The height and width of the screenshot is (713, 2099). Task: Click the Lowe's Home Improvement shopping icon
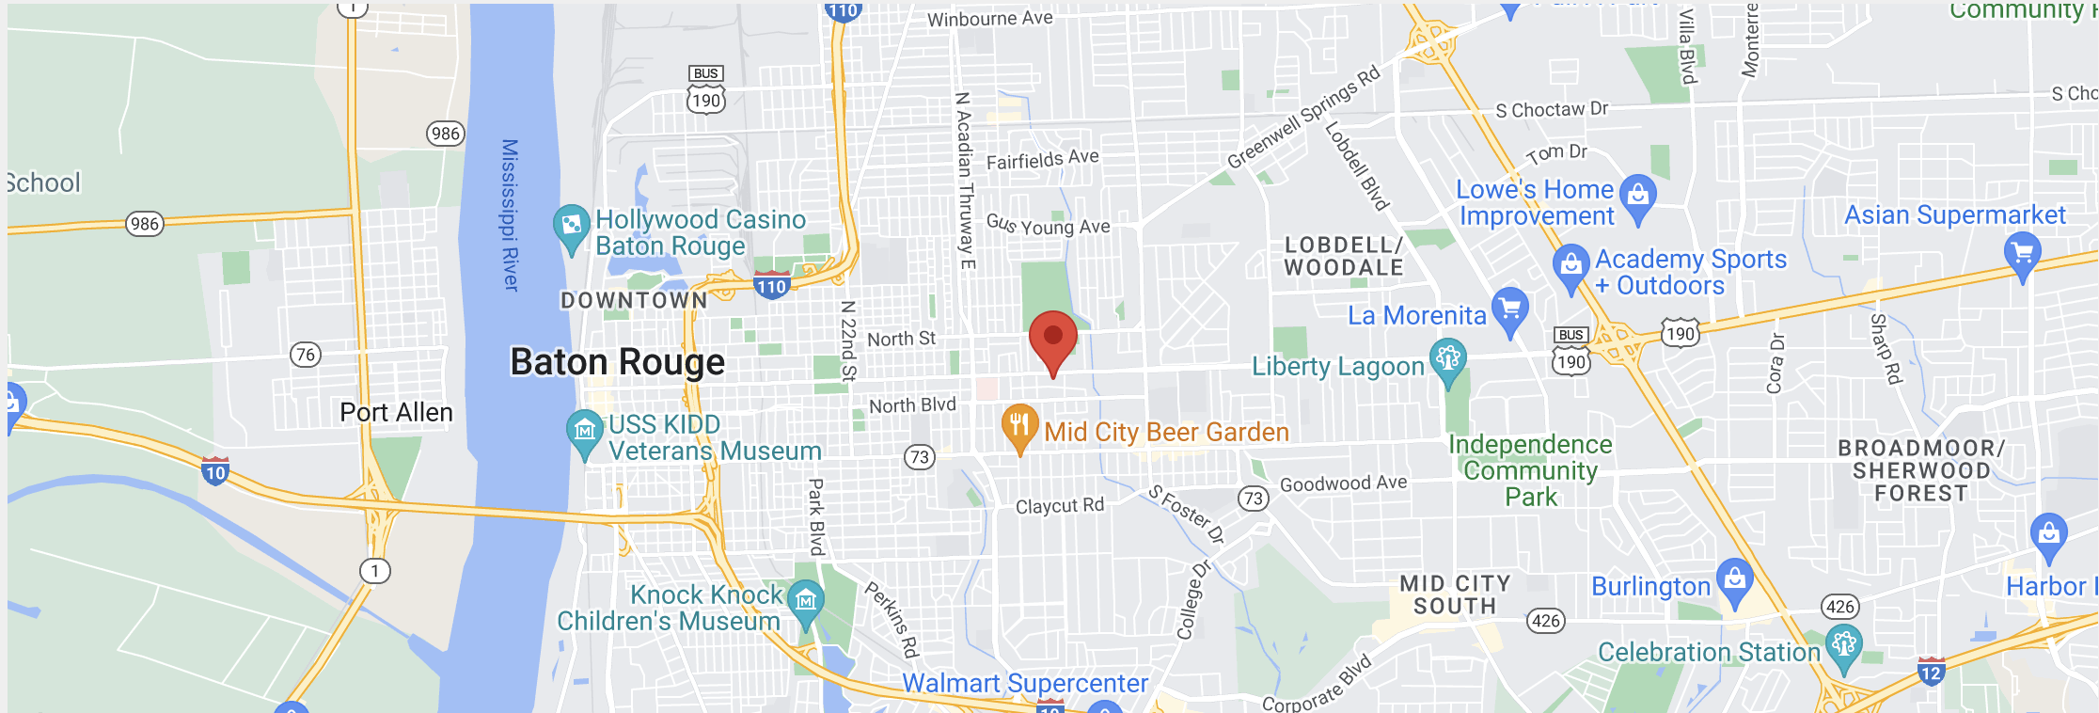(x=1638, y=196)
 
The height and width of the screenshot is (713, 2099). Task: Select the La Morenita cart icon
(x=1509, y=309)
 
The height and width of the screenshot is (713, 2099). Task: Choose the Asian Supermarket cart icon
(x=2022, y=253)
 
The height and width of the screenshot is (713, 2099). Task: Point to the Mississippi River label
(x=510, y=215)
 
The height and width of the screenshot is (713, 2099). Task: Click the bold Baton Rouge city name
(x=617, y=362)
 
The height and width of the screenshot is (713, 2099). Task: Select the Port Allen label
(x=396, y=413)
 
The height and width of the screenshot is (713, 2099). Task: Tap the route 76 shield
(x=305, y=355)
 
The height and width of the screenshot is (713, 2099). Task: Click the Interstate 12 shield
(x=1931, y=673)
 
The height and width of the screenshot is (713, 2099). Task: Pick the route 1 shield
(x=375, y=571)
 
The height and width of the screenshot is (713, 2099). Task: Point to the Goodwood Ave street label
(x=1343, y=483)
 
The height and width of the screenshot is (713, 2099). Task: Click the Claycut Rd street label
(x=1059, y=506)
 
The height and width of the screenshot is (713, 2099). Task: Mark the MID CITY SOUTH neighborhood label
(x=1455, y=595)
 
